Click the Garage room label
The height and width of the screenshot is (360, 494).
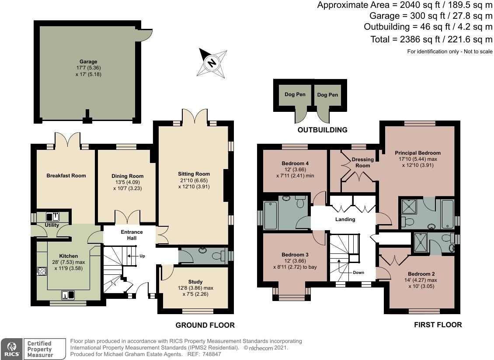(88, 62)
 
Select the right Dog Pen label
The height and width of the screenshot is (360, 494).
(327, 94)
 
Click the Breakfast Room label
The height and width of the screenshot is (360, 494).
(66, 176)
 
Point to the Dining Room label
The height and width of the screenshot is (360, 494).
(127, 176)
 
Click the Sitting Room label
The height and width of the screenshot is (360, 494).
(194, 173)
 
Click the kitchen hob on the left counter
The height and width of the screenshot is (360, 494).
(42, 271)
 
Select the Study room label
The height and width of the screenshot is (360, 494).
(195, 282)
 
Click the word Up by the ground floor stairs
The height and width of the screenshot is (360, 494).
(142, 256)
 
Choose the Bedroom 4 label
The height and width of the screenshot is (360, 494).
(295, 163)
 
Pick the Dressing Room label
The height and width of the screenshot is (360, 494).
(363, 163)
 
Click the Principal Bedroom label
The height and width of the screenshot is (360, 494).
(417, 153)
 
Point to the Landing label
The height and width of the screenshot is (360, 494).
(345, 219)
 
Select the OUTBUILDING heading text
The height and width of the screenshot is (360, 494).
(322, 130)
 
